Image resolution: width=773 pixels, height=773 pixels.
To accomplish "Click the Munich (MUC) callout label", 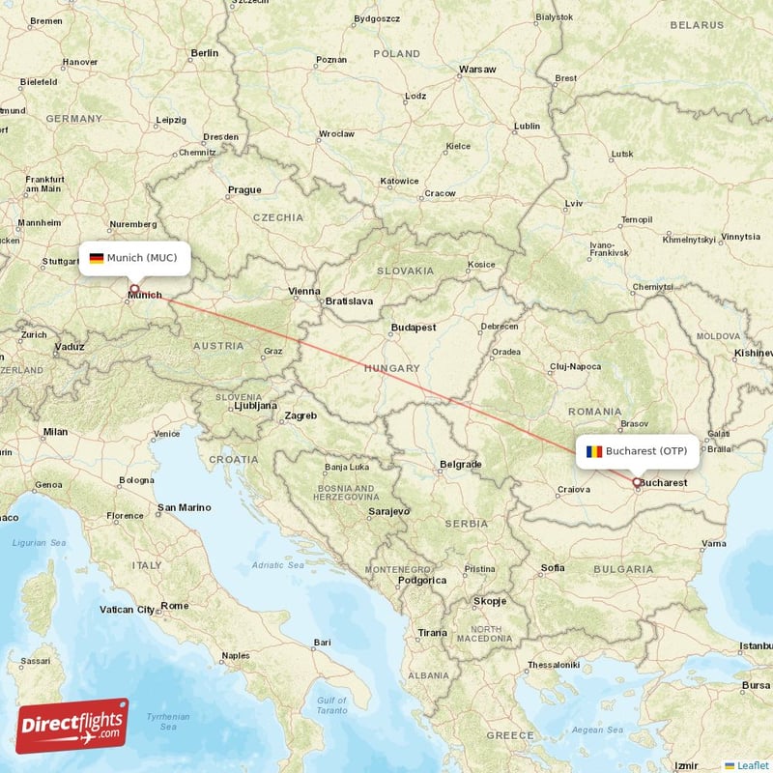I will (x=134, y=258).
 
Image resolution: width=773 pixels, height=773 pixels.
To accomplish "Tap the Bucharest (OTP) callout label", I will (x=637, y=451).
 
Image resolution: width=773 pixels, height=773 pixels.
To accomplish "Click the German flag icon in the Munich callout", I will (x=97, y=258).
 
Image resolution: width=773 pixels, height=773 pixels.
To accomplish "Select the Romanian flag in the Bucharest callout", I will (x=593, y=451).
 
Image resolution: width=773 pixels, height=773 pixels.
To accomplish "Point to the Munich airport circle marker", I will (x=133, y=288).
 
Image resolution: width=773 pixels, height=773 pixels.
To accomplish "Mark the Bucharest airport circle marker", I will (x=636, y=481).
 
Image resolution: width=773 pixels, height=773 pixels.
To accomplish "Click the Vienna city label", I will (x=303, y=291).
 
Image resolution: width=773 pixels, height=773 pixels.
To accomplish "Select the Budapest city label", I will (x=414, y=328).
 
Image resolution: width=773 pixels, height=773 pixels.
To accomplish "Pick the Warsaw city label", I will (x=477, y=70).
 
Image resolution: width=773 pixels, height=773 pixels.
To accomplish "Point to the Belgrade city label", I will (x=460, y=465).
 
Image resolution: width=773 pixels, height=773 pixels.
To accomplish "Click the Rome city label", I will (x=175, y=606).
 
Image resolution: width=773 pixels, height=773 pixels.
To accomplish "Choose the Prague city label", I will (x=244, y=190).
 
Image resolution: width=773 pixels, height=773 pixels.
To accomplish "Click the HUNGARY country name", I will (x=391, y=368).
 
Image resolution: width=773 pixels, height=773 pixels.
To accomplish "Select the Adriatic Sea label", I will (x=278, y=565).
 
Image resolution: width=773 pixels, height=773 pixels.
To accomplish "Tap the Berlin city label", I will (x=205, y=53).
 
